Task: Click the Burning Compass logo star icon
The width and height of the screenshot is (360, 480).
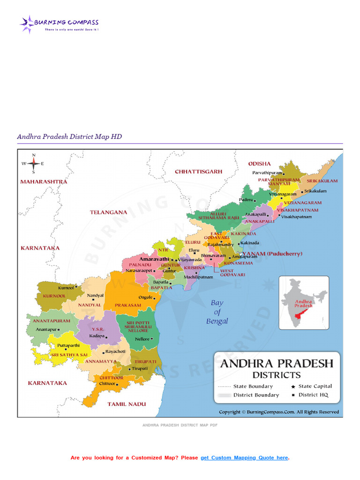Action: (27, 23)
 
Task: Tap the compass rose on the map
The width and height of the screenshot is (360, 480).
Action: (33, 164)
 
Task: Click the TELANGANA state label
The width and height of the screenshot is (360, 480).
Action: (108, 212)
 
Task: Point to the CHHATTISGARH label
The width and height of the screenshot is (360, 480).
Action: (198, 172)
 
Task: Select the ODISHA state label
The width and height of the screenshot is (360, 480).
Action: (259, 164)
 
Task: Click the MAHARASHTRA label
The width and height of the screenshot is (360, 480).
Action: (44, 181)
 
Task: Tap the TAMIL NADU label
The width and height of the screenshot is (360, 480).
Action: (127, 404)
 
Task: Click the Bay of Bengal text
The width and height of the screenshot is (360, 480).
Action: (217, 312)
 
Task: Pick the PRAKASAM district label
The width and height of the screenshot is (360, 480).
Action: (128, 305)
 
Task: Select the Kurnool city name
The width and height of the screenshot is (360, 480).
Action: (66, 287)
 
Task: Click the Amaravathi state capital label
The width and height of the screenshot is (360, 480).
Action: (154, 259)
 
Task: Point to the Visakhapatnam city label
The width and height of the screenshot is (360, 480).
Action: (296, 217)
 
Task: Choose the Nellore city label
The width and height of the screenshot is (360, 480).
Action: (142, 339)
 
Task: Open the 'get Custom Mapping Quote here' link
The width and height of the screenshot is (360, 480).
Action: (244, 457)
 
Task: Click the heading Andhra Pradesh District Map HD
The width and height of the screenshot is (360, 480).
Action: (69, 136)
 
